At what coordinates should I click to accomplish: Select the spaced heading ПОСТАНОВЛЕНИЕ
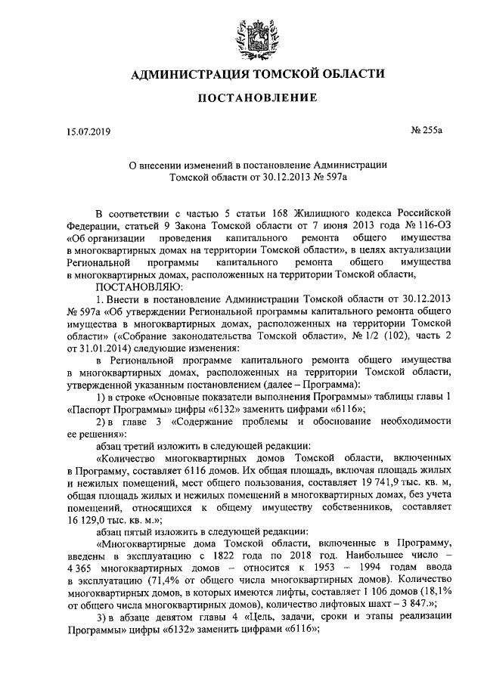point(241,99)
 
